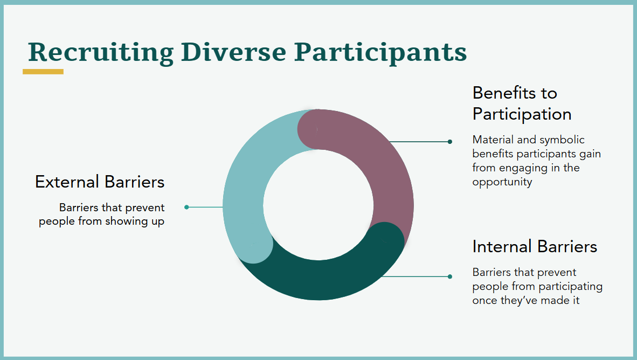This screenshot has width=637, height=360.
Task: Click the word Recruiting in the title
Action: (x=101, y=53)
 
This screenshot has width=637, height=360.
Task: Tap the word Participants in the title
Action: (x=380, y=53)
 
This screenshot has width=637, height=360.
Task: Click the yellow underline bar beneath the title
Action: (x=43, y=72)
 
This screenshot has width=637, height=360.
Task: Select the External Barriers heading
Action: (x=100, y=182)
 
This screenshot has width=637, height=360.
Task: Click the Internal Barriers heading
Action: (x=535, y=246)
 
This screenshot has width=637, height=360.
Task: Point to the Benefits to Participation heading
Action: (x=522, y=103)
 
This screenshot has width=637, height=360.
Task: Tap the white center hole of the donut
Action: (x=318, y=205)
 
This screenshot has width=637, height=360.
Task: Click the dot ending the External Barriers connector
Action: (x=186, y=207)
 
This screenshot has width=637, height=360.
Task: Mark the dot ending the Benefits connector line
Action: (x=449, y=142)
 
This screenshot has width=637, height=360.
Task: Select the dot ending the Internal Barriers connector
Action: (x=449, y=276)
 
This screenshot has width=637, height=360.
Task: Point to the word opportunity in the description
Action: (x=502, y=182)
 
